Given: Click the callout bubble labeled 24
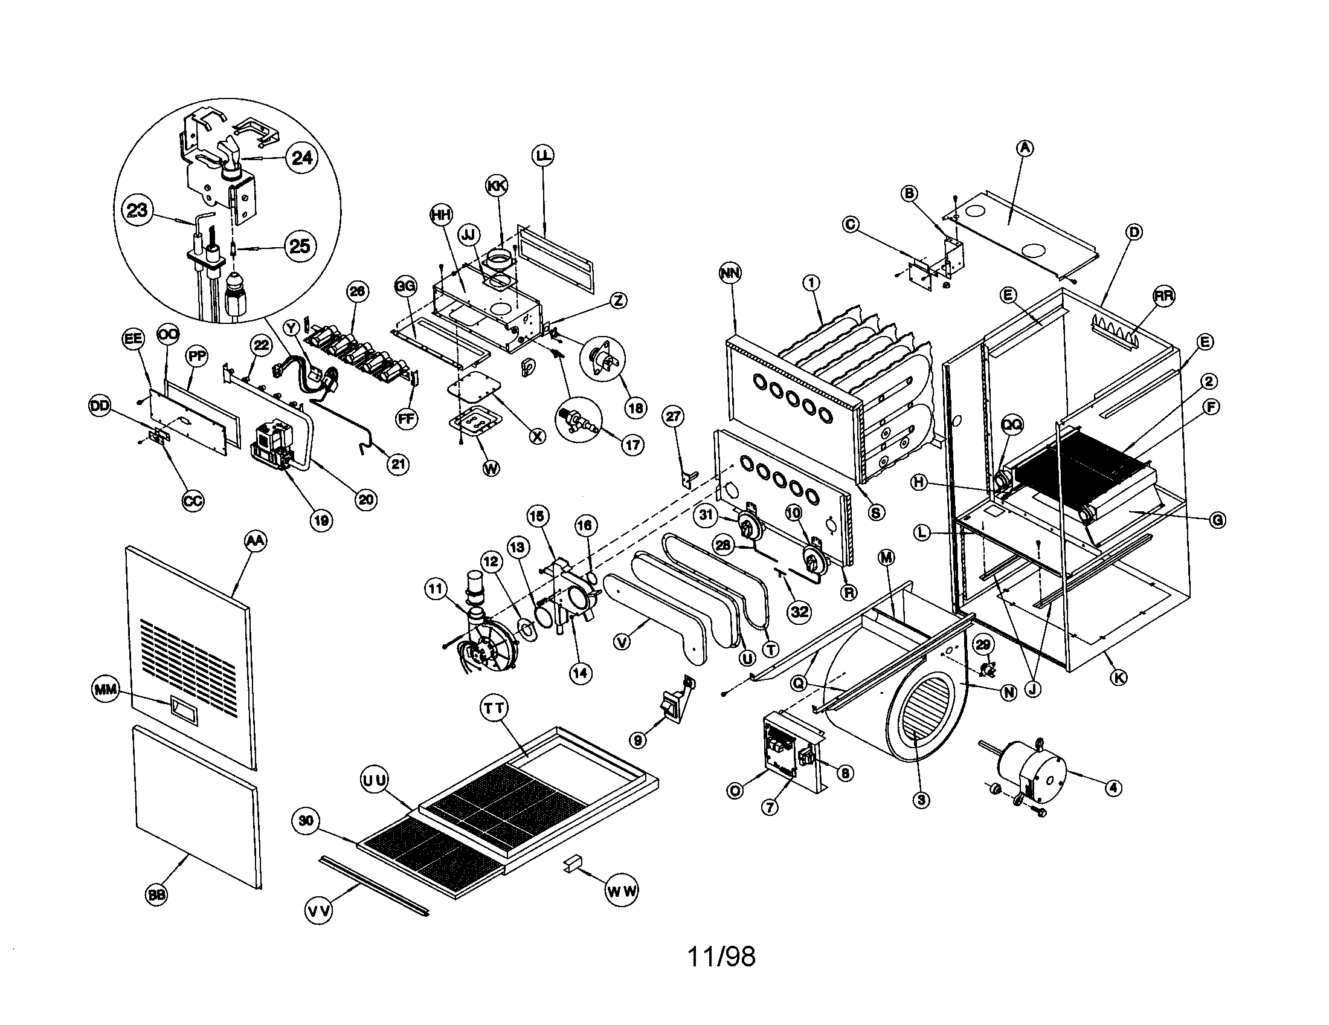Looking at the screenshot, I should (x=302, y=158).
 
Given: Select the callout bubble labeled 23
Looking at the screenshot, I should (x=137, y=210).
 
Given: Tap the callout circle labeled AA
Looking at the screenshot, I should (x=256, y=541).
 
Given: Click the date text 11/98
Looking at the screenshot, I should (x=721, y=957).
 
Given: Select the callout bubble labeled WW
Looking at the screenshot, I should (x=621, y=891).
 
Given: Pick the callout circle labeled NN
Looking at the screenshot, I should (x=730, y=273).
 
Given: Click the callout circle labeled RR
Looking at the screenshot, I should (x=1163, y=296).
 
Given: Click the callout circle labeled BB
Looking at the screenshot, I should (x=157, y=894).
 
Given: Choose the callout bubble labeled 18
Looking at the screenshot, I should (x=636, y=407).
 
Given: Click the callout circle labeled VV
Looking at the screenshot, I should (x=319, y=911).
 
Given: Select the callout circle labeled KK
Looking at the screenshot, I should (x=497, y=186).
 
